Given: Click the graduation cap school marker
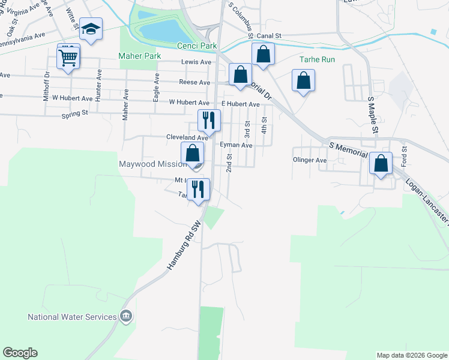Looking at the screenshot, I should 91,29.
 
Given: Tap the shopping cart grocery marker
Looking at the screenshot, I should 68,58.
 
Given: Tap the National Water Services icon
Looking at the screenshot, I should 126,316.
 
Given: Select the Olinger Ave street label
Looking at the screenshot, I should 310,160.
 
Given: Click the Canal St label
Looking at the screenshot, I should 269,36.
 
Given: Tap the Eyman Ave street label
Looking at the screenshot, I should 236,145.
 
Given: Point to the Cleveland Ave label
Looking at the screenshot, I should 187,137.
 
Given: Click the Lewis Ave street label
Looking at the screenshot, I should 196,62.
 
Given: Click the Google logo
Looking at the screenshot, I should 20,353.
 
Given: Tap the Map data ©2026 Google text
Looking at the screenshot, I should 412,355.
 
